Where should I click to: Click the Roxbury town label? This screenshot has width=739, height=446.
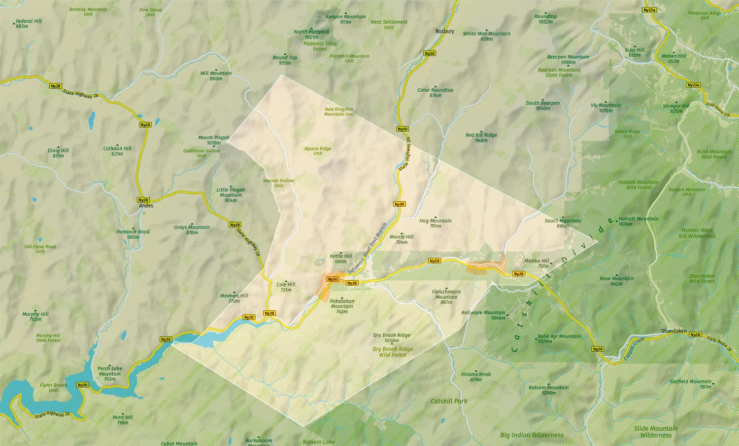[x=445, y=31]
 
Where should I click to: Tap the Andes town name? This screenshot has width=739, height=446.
[x=146, y=206]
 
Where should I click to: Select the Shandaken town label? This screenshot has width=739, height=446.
[x=673, y=331]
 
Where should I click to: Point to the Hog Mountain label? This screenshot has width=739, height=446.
[x=436, y=223]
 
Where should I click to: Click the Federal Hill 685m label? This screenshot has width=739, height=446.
[x=29, y=23]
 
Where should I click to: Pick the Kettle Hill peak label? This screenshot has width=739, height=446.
[x=341, y=259]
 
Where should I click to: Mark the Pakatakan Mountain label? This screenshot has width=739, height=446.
[x=342, y=306]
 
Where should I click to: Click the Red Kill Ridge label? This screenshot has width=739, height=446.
[x=481, y=137]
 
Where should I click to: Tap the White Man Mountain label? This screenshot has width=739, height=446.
[x=486, y=36]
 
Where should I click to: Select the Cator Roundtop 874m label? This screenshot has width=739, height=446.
[x=436, y=92]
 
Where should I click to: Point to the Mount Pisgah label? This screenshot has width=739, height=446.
[x=214, y=140]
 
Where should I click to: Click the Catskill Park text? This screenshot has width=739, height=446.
[x=449, y=401]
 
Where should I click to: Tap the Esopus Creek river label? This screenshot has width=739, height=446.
[x=634, y=348]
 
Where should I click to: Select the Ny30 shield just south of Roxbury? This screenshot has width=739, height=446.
[x=430, y=54]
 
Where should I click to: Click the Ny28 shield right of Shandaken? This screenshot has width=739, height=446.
[x=695, y=334]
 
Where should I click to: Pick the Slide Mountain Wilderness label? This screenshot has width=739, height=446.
[x=656, y=432]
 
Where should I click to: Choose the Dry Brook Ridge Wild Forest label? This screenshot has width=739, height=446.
[x=393, y=352]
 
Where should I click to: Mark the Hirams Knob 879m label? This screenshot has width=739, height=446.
[x=476, y=377]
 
